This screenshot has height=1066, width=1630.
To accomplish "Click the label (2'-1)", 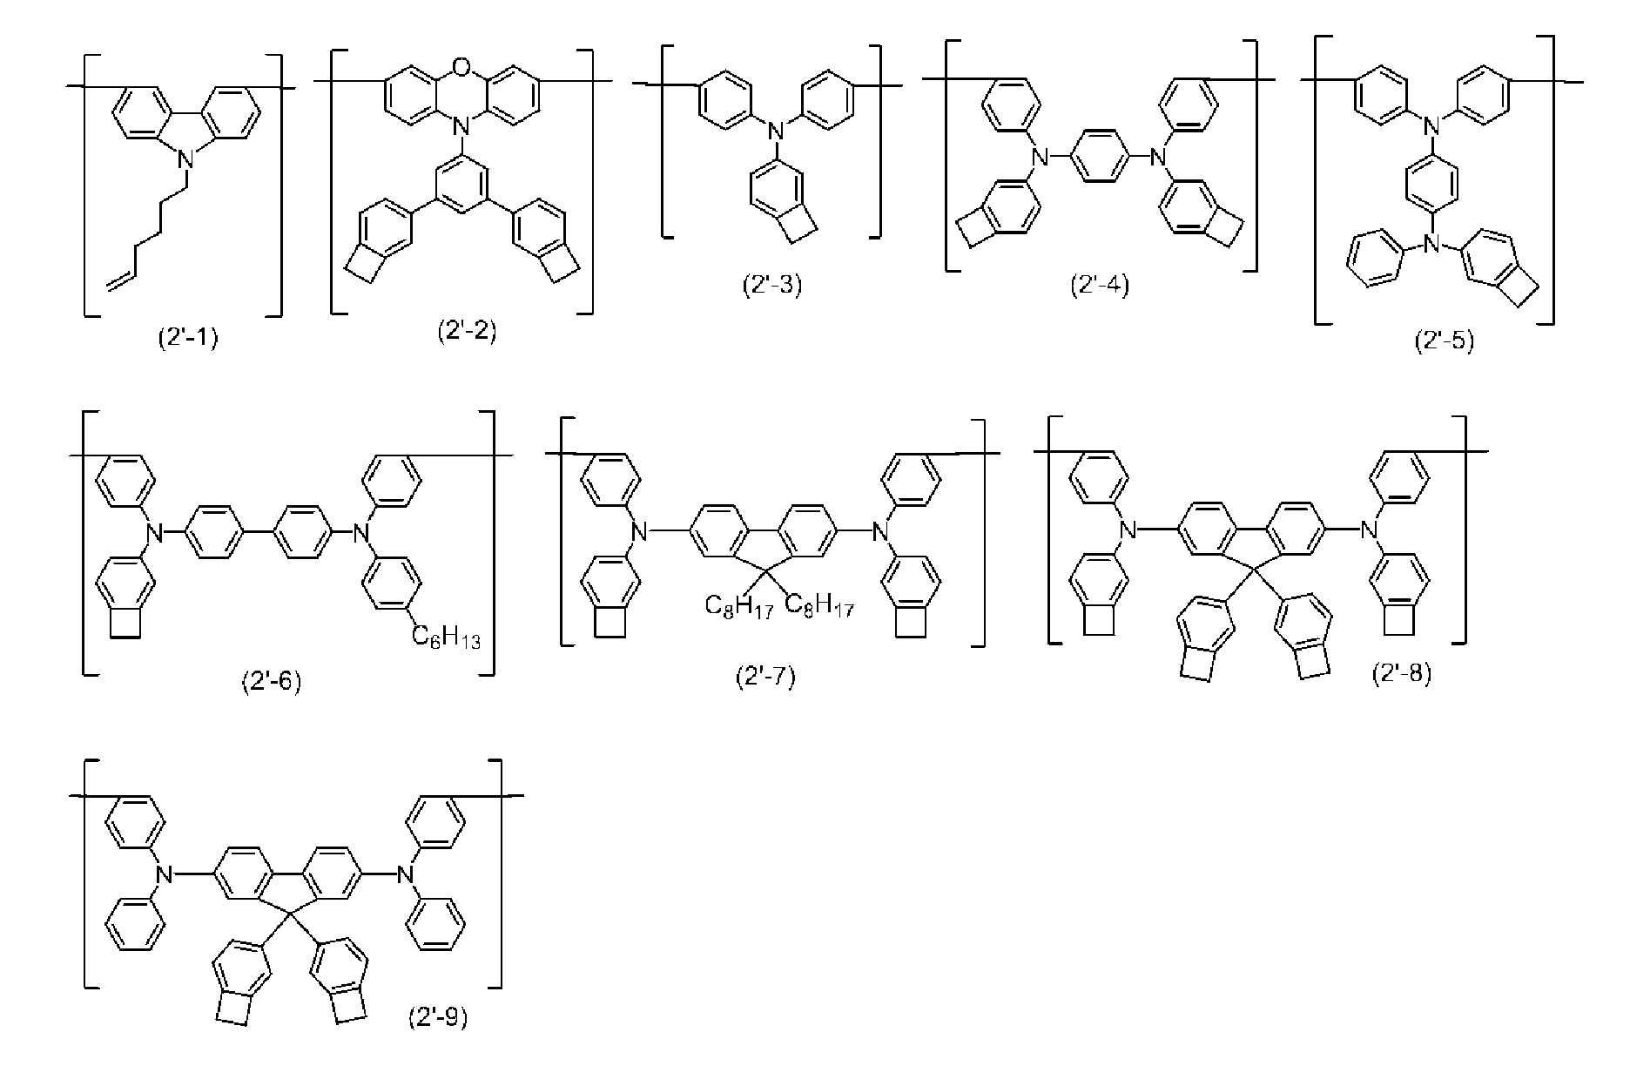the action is [x=188, y=339].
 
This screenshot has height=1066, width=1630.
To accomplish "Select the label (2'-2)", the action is [x=467, y=332].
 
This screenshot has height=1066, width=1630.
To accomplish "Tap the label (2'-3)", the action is [x=771, y=285].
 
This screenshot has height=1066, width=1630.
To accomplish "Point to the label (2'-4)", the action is [x=1100, y=286].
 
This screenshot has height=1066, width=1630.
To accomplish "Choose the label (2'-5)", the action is [x=1445, y=341].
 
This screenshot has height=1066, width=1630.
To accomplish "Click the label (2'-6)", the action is [x=271, y=680].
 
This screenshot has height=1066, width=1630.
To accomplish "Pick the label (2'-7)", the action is [x=765, y=677].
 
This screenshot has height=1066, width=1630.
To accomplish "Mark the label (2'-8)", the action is [x=1401, y=673].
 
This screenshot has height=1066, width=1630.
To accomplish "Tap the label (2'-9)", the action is [x=438, y=1018].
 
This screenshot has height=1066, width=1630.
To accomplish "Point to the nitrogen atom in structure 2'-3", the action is [x=771, y=132].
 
